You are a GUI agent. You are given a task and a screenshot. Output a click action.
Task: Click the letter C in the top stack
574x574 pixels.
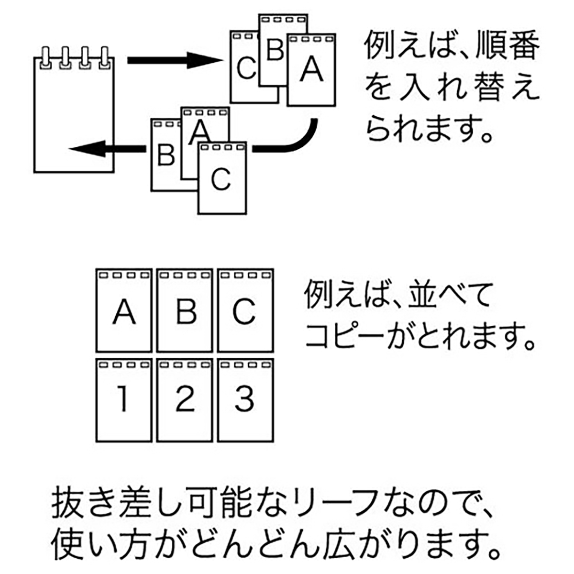click(x=246, y=68)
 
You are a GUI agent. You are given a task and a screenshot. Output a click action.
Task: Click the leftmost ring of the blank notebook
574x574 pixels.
click(x=46, y=57)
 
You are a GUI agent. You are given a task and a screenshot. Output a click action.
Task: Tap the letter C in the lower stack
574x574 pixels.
click(x=221, y=179)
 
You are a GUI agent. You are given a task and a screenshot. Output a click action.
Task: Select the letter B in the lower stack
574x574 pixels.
click(x=166, y=155)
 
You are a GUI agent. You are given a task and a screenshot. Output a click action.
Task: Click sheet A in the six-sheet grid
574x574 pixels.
click(x=124, y=311)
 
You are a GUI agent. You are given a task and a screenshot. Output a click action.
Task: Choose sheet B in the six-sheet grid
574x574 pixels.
click(x=185, y=311)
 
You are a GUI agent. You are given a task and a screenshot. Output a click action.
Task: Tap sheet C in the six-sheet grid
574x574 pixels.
click(x=244, y=311)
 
